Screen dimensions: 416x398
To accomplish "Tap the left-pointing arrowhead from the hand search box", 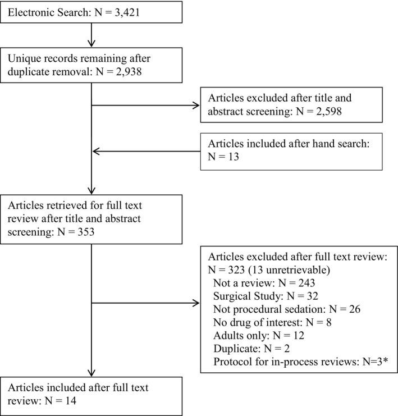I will point(95,151).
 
